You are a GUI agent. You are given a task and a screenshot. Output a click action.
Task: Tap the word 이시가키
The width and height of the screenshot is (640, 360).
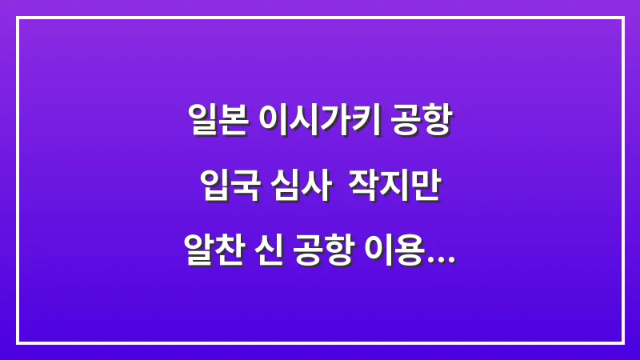click(318, 122)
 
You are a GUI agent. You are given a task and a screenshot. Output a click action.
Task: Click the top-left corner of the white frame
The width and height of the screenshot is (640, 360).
click(18, 18)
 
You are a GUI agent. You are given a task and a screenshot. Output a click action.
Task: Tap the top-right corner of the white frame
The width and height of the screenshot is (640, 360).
click(622, 18)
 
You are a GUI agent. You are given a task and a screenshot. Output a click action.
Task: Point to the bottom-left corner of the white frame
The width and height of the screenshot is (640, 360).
click(18, 342)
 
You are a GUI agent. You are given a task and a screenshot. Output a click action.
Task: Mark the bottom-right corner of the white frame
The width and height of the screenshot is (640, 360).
click(622, 342)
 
